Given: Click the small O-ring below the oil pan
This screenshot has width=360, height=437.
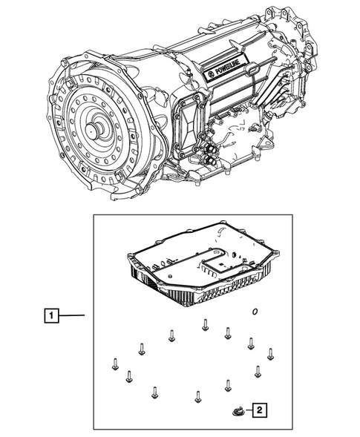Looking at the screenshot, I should [x=255, y=312].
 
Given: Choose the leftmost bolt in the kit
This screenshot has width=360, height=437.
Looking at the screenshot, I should [x=115, y=364].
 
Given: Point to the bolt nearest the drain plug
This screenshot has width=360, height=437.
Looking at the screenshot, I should [x=228, y=384].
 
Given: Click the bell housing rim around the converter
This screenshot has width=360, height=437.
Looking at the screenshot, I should [x=59, y=96].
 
